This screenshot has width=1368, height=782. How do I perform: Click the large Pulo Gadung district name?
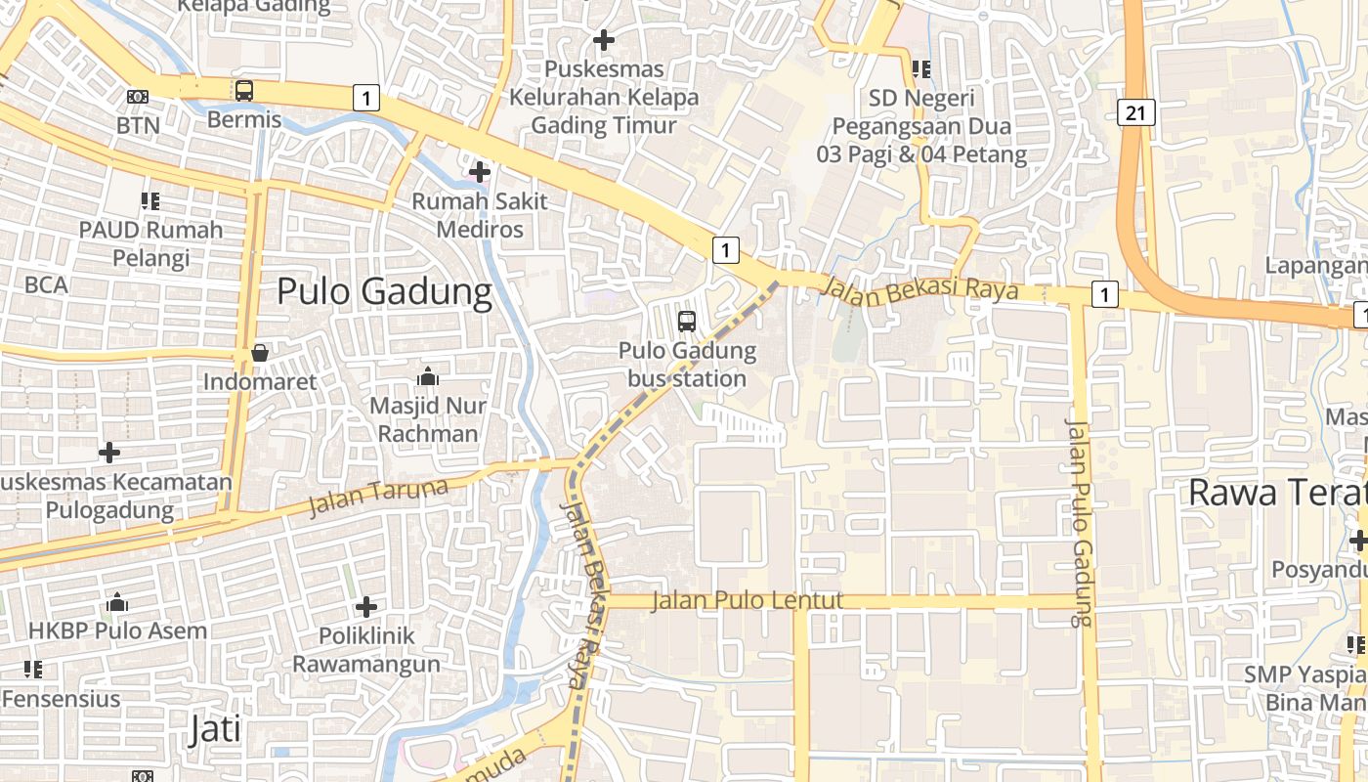(384, 291)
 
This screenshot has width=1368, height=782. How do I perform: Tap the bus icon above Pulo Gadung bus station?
(687, 321)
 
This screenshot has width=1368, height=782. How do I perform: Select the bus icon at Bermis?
(244, 91)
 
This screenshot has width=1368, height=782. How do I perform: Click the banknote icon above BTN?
(138, 97)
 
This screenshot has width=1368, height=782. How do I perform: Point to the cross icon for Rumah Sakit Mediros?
(479, 173)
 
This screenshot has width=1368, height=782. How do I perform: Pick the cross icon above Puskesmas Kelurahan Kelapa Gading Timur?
(604, 40)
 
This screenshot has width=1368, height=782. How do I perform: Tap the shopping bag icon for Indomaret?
(260, 353)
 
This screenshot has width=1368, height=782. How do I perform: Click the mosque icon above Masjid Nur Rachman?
(427, 376)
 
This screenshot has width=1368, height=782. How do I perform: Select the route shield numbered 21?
(1134, 112)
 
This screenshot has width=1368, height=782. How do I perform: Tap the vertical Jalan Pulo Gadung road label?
(1078, 523)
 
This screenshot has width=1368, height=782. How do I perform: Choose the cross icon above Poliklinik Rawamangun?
(366, 607)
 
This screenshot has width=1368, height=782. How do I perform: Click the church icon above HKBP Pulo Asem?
(117, 602)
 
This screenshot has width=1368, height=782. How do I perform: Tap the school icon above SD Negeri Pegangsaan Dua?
(920, 69)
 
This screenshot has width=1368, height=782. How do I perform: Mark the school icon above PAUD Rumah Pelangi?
(150, 201)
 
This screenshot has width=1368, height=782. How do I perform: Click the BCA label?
(46, 284)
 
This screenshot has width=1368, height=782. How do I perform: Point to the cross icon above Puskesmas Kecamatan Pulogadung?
(109, 453)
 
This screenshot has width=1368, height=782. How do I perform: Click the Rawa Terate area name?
(1276, 493)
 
